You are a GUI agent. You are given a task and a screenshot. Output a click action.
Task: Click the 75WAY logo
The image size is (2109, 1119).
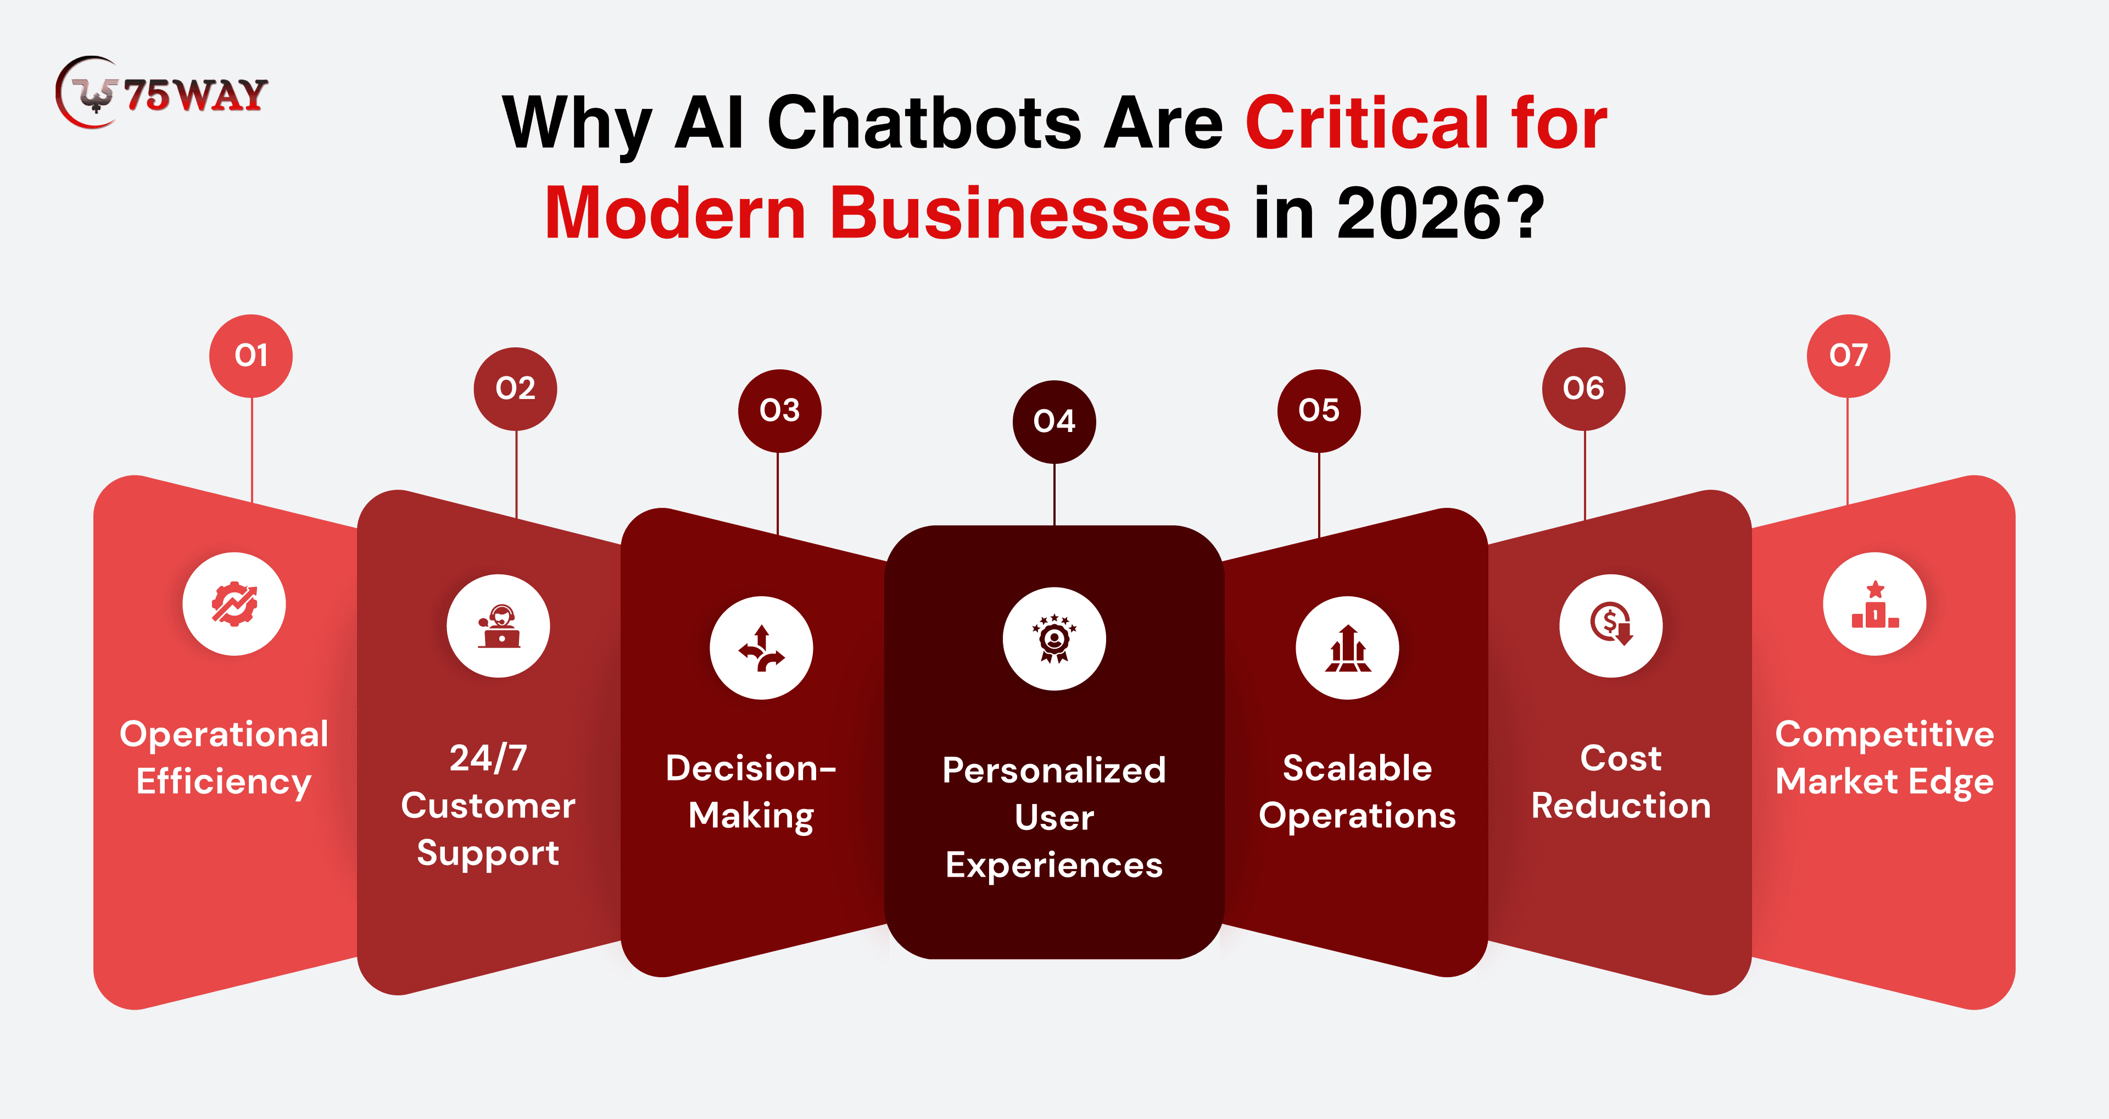tap(161, 92)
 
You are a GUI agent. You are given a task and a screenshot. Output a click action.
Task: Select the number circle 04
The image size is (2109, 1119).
tap(1054, 422)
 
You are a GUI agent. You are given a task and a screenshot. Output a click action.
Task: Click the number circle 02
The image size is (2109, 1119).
tap(515, 388)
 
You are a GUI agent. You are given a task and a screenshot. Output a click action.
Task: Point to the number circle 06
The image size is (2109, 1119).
tap(1583, 388)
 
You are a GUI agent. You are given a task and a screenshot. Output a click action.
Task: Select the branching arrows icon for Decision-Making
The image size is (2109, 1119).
tap(761, 648)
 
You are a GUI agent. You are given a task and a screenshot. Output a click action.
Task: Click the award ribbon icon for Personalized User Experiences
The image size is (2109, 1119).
tap(1054, 639)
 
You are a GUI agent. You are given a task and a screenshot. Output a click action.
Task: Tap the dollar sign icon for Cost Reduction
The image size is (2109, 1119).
tap(1610, 626)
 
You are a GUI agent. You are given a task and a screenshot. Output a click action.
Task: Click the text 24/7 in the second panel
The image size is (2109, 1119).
tap(488, 758)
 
